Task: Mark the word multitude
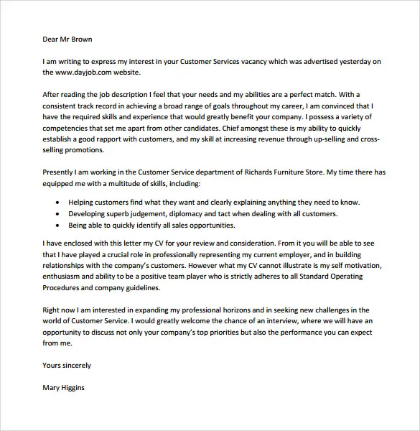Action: coord(118,184)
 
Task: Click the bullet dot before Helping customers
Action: coord(57,203)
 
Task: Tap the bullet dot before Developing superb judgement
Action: coord(57,215)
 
